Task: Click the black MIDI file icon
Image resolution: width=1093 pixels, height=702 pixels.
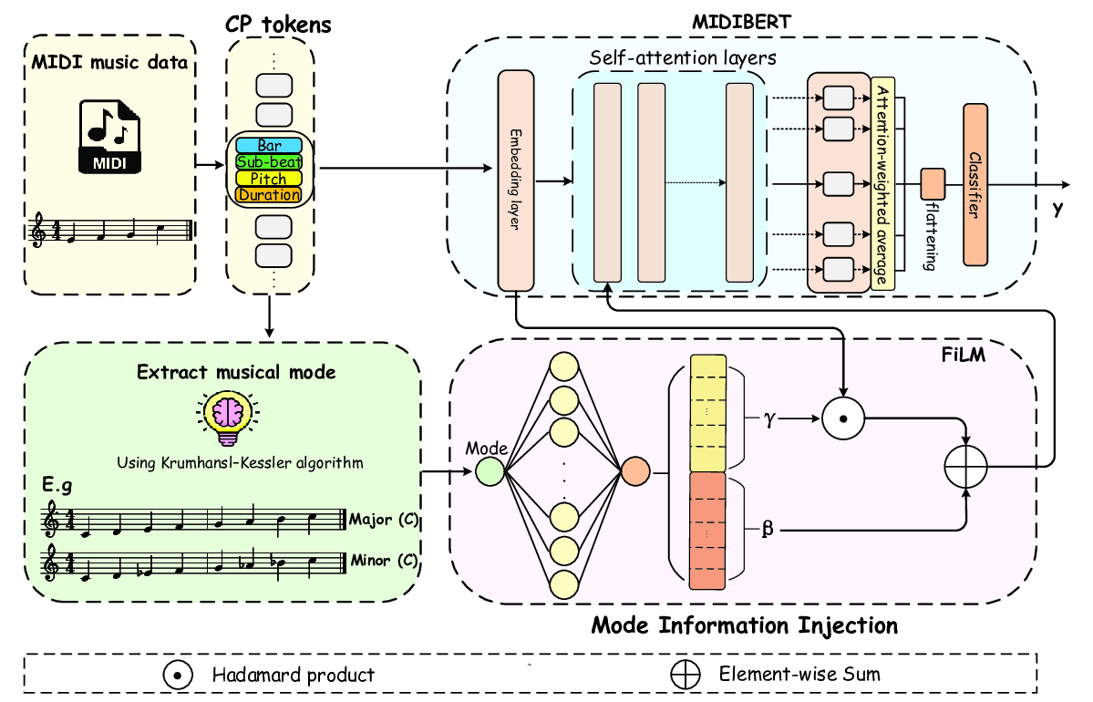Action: (x=110, y=137)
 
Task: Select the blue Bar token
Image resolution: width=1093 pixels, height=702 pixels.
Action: (x=269, y=146)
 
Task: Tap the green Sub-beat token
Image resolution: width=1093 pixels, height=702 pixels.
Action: (x=269, y=162)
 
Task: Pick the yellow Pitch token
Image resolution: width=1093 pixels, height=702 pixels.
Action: (x=269, y=179)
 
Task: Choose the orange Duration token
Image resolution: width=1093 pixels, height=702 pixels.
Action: (x=269, y=194)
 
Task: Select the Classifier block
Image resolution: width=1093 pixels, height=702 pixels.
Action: (x=974, y=184)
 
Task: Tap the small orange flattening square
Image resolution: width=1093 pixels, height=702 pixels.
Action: (x=932, y=183)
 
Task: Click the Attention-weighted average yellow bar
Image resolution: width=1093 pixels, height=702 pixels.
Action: (x=881, y=183)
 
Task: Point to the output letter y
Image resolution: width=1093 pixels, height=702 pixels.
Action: (x=1057, y=210)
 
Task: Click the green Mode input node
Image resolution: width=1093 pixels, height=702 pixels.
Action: (x=489, y=471)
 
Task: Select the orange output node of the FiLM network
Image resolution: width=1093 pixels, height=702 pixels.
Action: (x=634, y=471)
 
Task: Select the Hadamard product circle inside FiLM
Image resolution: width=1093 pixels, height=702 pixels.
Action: (x=843, y=418)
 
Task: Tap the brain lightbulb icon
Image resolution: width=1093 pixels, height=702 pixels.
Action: (x=222, y=413)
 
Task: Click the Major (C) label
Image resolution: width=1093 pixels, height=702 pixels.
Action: (x=384, y=520)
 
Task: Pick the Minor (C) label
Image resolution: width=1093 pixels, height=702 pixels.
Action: (x=384, y=560)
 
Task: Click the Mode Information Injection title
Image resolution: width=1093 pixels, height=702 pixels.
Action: (x=744, y=625)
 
